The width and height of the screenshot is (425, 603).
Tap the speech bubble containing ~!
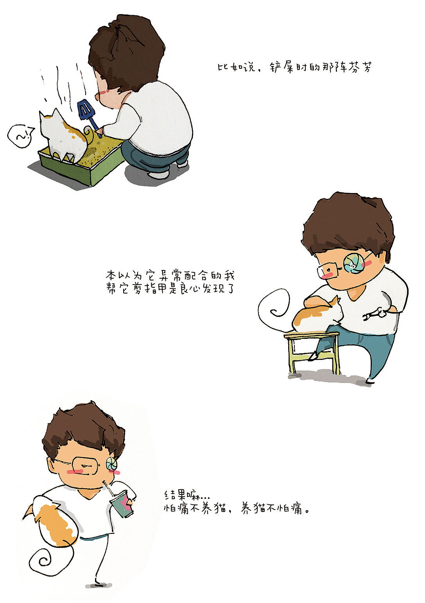[21, 136]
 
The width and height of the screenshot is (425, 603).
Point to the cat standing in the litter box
[63, 135]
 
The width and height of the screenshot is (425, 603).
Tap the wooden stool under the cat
[311, 352]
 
